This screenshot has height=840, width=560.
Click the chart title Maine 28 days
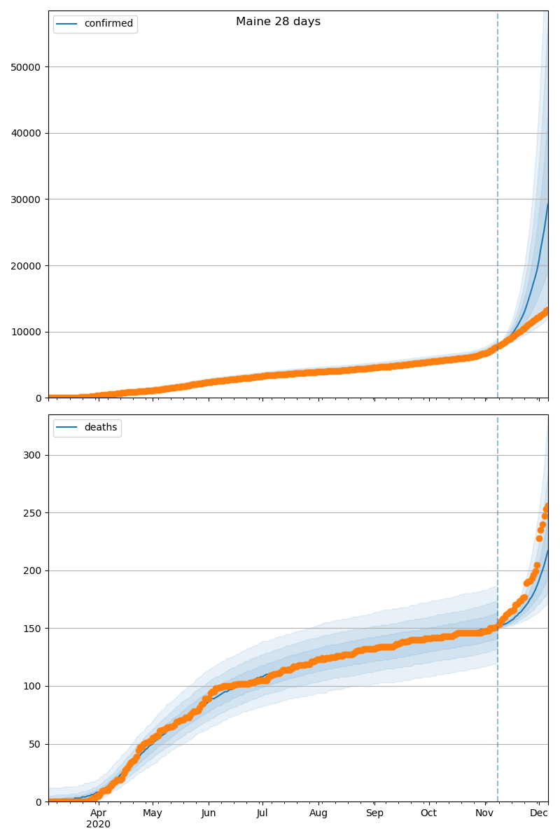pyautogui.click(x=278, y=22)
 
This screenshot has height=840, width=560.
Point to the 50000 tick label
pyautogui.click(x=26, y=67)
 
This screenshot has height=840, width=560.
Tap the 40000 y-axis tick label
pyautogui.click(x=26, y=133)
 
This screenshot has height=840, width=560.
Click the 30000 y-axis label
pyautogui.click(x=26, y=199)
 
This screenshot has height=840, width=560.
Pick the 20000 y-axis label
pyautogui.click(x=26, y=266)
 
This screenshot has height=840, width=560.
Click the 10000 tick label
pyautogui.click(x=26, y=332)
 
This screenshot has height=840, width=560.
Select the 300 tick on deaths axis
pyautogui.click(x=32, y=455)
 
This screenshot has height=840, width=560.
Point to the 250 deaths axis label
pyautogui.click(x=32, y=513)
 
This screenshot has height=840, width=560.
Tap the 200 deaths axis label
pyautogui.click(x=32, y=570)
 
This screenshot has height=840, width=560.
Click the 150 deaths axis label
pyautogui.click(x=32, y=629)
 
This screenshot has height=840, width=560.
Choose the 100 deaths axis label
pyautogui.click(x=32, y=686)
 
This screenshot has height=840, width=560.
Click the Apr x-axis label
pyautogui.click(x=99, y=813)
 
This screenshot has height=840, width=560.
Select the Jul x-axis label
pyautogui.click(x=262, y=813)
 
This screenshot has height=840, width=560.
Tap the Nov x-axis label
pyautogui.click(x=485, y=813)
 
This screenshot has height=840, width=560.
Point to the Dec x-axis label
pyautogui.click(x=538, y=813)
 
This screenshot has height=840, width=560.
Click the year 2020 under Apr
pyautogui.click(x=99, y=825)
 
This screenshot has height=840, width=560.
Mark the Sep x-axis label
pyautogui.click(x=374, y=813)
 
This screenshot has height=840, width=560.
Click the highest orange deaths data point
pyautogui.click(x=547, y=505)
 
